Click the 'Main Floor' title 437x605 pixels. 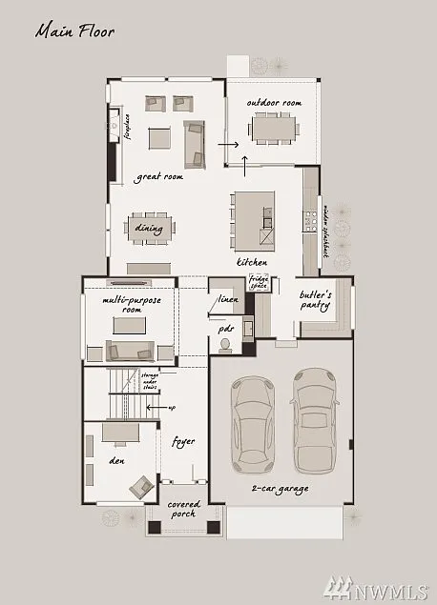pyautogui.click(x=74, y=31)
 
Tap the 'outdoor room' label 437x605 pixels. pyautogui.click(x=274, y=103)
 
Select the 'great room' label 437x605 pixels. pyautogui.click(x=159, y=176)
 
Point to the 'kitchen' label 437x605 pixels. pyautogui.click(x=252, y=262)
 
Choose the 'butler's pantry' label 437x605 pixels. pyautogui.click(x=315, y=302)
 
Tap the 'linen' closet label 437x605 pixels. pyautogui.click(x=227, y=300)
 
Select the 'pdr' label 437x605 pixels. pyautogui.click(x=226, y=329)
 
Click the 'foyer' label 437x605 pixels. pyautogui.click(x=183, y=442)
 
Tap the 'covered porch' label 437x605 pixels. pyautogui.click(x=182, y=509)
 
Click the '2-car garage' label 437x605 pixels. pyautogui.click(x=280, y=489)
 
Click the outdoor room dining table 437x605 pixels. pyautogui.click(x=274, y=127)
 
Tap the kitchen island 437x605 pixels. pyautogui.click(x=253, y=219)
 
